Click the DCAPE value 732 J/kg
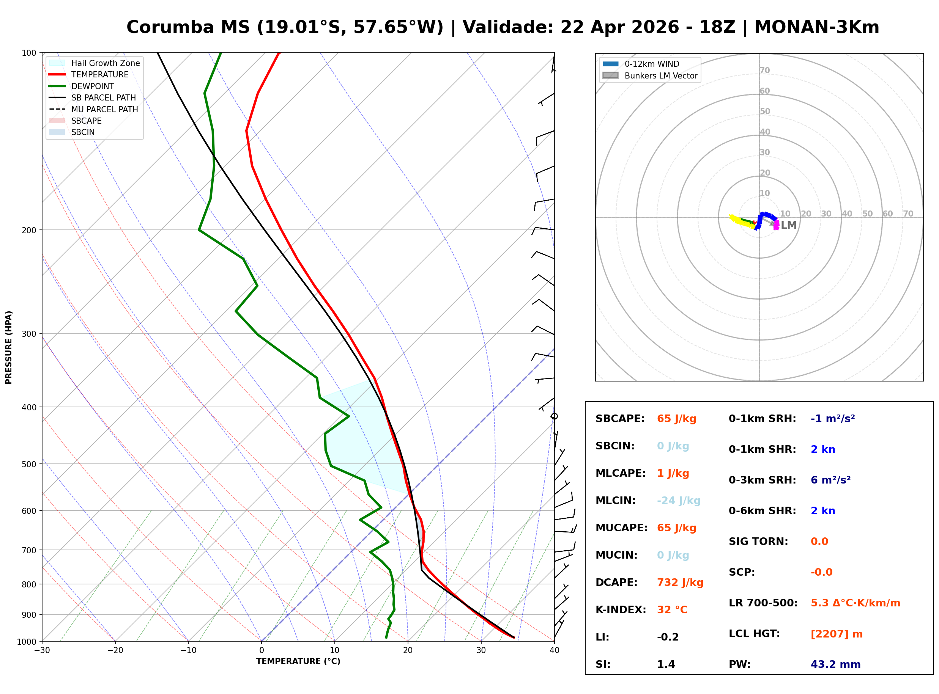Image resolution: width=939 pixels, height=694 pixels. point(680,582)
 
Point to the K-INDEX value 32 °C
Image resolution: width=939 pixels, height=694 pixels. point(672,609)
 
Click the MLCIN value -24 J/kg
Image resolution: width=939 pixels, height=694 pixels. point(678,500)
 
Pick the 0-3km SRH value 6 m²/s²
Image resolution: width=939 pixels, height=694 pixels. point(830,480)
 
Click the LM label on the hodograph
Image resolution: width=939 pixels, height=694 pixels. point(789,225)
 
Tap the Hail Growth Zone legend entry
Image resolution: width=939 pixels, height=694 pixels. point(105,63)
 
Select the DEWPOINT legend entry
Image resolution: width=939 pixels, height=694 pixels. point(93,86)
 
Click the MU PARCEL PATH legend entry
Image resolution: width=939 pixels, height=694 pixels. point(104,109)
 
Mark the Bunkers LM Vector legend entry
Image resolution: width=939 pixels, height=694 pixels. point(661,75)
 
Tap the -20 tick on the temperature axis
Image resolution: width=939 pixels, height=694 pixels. point(115,650)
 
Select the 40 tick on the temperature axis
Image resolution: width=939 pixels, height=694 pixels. point(554,650)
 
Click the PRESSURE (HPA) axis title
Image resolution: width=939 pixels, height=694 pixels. point(9,347)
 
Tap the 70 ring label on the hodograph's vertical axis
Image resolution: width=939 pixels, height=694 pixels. point(764,70)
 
